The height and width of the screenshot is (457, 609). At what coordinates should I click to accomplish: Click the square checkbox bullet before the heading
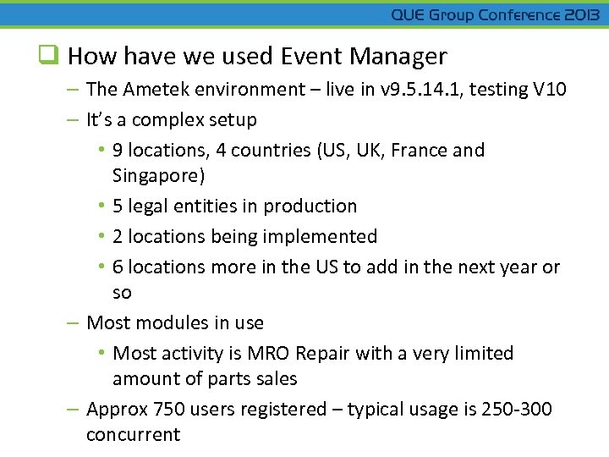tap(50, 57)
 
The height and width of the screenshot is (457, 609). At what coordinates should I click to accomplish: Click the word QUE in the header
tap(408, 15)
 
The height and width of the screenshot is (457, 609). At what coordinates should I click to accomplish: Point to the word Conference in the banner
tap(518, 15)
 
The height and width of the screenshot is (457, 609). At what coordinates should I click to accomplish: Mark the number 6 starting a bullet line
tap(118, 267)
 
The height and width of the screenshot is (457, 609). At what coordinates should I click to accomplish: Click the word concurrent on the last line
tap(133, 434)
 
